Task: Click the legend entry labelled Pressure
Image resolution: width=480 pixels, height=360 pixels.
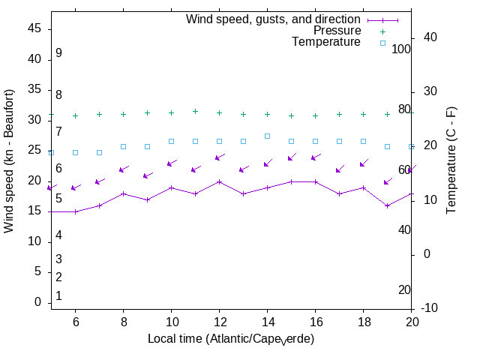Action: click(x=337, y=31)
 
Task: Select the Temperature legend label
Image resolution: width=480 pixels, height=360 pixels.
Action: click(x=326, y=42)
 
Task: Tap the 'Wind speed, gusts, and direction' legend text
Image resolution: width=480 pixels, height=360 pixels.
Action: click(x=274, y=19)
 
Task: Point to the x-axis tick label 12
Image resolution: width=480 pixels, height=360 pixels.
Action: click(x=219, y=321)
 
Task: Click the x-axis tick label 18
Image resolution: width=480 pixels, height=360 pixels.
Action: click(x=363, y=321)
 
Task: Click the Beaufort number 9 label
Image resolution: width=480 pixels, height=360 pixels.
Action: click(x=58, y=53)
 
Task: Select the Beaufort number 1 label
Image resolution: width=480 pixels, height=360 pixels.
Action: click(x=58, y=296)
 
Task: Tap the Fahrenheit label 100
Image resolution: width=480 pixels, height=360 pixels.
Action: click(x=402, y=49)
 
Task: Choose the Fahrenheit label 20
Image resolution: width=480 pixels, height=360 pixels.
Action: click(x=404, y=290)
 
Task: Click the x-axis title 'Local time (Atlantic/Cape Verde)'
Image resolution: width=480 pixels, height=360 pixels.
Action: click(x=231, y=339)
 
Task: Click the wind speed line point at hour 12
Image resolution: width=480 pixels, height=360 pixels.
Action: click(x=219, y=181)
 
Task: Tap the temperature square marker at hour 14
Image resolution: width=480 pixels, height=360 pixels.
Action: click(x=267, y=136)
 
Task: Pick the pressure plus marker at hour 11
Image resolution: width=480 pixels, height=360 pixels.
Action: click(x=195, y=111)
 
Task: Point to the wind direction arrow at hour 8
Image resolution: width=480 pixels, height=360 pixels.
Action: click(x=124, y=169)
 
